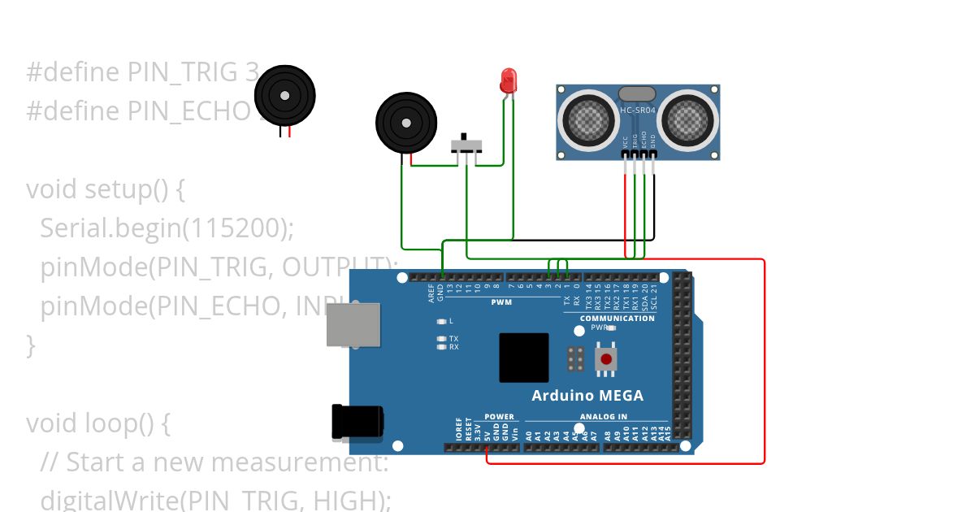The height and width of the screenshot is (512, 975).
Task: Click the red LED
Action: [509, 80]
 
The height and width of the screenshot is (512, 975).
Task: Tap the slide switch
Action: [466, 145]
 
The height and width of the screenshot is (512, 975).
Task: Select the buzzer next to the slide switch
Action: [406, 123]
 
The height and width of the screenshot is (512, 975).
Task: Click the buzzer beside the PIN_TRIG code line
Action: [284, 96]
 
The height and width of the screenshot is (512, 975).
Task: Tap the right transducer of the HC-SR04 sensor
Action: [689, 120]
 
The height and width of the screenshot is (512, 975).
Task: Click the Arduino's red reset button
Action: [606, 358]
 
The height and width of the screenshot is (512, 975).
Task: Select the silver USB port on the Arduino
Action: [353, 324]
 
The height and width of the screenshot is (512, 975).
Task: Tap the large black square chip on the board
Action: [523, 358]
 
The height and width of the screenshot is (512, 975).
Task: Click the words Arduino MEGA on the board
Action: [587, 396]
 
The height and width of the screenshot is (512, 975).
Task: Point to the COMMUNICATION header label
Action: [617, 319]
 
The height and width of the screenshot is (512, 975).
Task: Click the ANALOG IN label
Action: [603, 417]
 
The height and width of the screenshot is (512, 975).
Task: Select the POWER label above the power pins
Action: [499, 417]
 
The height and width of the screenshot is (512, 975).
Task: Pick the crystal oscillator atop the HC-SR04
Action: [637, 94]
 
